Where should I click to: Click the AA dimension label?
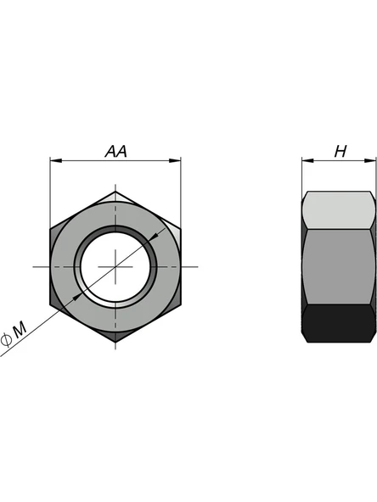click(116, 151)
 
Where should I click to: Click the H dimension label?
click(340, 151)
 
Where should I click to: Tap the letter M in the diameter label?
click(20, 329)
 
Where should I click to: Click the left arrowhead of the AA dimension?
click(56, 160)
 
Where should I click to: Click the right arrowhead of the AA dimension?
click(175, 160)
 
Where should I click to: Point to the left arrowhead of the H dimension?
click(307, 160)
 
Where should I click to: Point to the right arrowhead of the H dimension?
click(369, 160)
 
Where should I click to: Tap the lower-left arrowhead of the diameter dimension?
click(77, 297)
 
